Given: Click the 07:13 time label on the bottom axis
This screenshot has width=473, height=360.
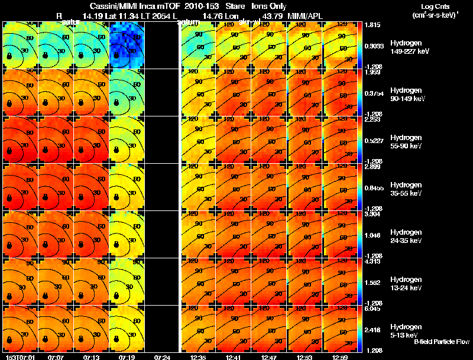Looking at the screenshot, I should [x=92, y=357].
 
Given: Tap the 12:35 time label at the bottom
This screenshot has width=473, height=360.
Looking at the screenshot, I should [x=198, y=357].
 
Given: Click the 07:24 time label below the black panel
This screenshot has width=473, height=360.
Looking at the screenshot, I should [x=162, y=357].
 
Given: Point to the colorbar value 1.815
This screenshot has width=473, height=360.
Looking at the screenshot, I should [x=372, y=25].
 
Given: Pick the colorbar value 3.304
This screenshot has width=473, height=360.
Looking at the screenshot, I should [x=372, y=215].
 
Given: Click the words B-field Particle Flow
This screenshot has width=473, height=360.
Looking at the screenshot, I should [x=441, y=342].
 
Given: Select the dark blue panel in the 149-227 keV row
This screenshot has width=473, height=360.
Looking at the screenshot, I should [x=127, y=45].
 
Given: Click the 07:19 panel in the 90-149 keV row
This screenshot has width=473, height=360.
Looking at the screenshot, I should [x=127, y=92].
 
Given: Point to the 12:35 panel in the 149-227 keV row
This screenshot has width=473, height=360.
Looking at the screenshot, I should [x=197, y=45].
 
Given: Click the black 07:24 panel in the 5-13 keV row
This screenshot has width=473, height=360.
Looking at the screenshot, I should [x=162, y=329].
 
